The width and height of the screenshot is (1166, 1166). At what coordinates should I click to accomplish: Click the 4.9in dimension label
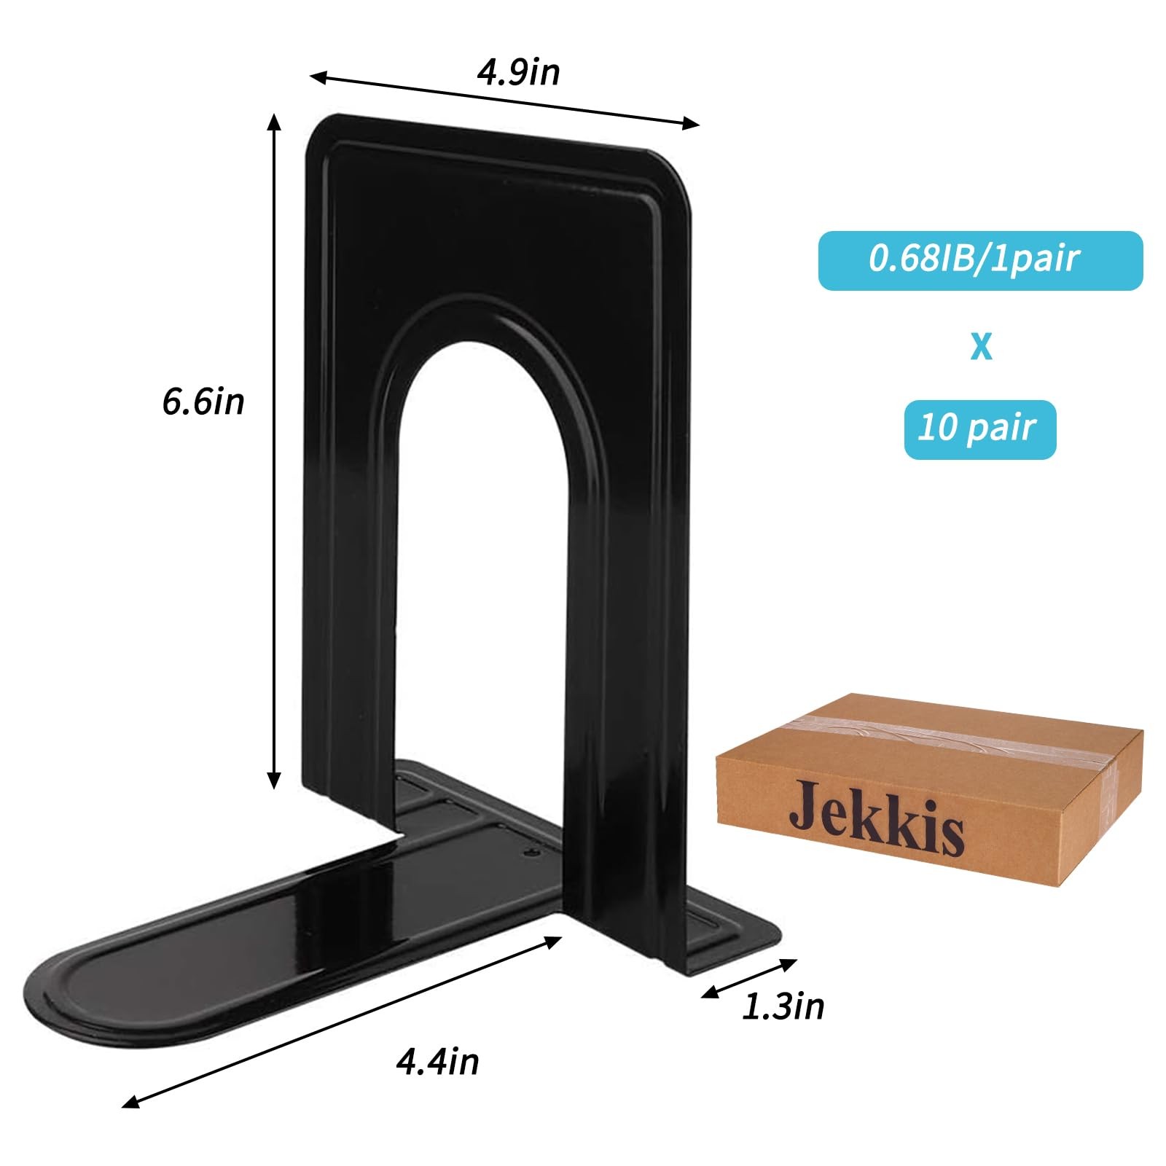tap(518, 73)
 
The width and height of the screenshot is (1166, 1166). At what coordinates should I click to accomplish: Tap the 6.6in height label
tap(203, 402)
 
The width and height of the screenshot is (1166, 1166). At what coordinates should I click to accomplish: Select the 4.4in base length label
tap(437, 1061)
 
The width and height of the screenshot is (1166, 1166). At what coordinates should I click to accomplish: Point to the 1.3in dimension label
tap(783, 1006)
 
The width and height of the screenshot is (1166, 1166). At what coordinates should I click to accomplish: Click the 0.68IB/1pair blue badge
tap(980, 260)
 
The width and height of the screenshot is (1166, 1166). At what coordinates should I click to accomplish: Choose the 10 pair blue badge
tap(980, 429)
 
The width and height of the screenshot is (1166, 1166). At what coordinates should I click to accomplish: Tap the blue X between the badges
tap(982, 346)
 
